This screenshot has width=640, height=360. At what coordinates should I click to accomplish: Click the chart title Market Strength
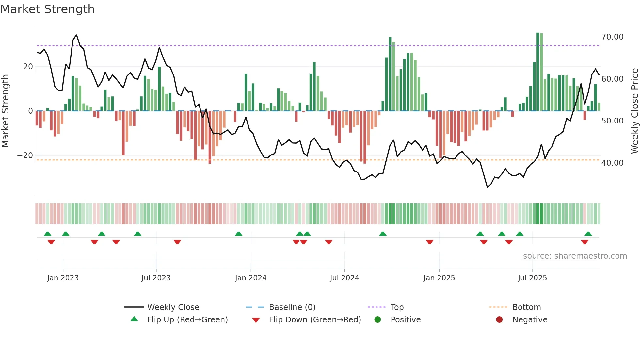47,9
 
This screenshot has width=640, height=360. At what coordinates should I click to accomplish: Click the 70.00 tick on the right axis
612,37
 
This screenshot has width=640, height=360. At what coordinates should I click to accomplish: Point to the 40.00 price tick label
612,163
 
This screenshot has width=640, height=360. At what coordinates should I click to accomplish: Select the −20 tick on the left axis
25,155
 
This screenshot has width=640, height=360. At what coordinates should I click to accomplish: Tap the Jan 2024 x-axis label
250,278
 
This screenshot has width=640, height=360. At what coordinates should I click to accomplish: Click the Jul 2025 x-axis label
532,278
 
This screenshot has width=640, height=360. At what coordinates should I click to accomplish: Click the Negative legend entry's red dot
499,319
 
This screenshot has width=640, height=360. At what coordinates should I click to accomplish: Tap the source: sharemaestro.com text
575,256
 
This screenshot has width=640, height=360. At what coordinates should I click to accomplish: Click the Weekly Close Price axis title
634,111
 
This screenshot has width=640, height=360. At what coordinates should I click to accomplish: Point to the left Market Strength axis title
6,111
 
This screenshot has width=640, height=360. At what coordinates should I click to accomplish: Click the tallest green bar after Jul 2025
538,72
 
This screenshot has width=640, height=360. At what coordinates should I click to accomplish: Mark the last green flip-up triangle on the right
588,234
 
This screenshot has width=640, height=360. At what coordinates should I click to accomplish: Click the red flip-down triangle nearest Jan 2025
430,242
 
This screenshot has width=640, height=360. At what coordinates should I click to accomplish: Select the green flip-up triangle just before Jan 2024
239,234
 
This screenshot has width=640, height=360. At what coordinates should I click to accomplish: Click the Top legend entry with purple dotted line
397,307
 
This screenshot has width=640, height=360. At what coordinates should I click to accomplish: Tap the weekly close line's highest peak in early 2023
76,35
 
